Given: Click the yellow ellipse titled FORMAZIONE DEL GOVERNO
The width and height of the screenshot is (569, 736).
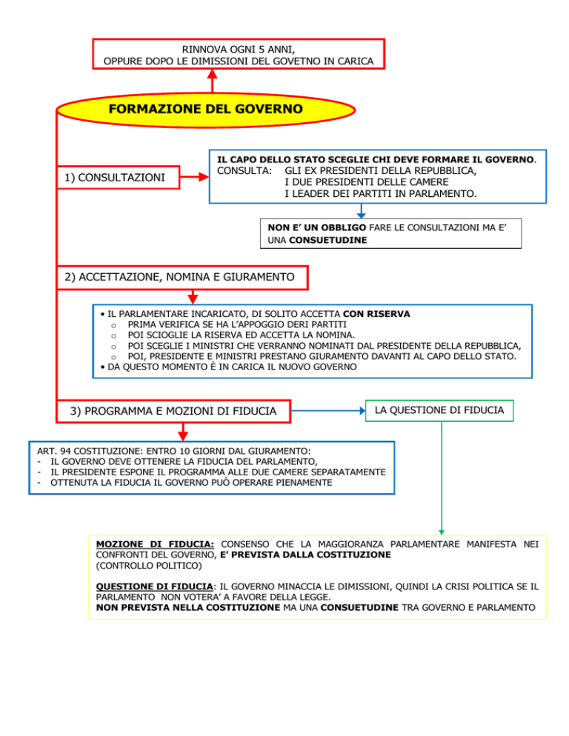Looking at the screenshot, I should click(205, 110).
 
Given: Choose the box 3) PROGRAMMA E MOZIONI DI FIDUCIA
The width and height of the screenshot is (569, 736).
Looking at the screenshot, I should click(174, 410).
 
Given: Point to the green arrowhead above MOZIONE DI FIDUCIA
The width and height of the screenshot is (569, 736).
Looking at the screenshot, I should click(440, 530).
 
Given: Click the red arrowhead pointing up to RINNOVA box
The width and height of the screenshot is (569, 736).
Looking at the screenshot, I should click(213, 74).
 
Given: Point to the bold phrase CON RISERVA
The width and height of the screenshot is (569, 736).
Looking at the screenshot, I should click(376, 314).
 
